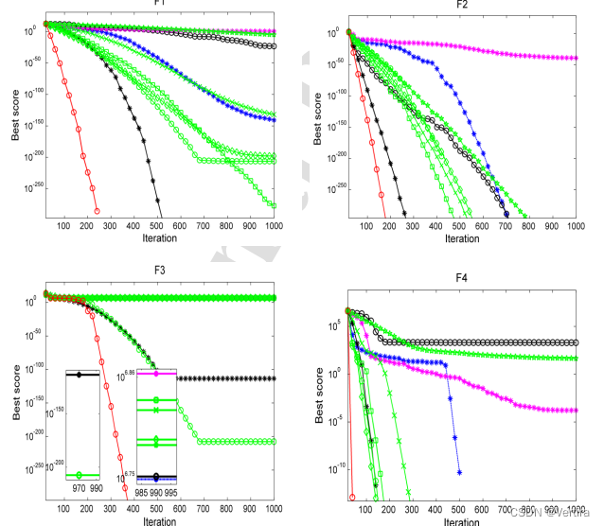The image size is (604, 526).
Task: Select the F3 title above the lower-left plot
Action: tap(159, 271)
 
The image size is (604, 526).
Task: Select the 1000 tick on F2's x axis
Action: tap(575, 226)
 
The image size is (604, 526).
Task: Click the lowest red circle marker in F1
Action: tap(97, 210)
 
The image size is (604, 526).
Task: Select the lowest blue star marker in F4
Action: tap(460, 472)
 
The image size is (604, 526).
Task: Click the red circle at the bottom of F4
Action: tap(352, 496)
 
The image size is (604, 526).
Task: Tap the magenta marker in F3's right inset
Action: tap(156, 375)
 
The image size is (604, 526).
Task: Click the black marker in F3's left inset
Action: tap(80, 375)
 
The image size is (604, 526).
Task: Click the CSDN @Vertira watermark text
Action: tap(554, 514)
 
